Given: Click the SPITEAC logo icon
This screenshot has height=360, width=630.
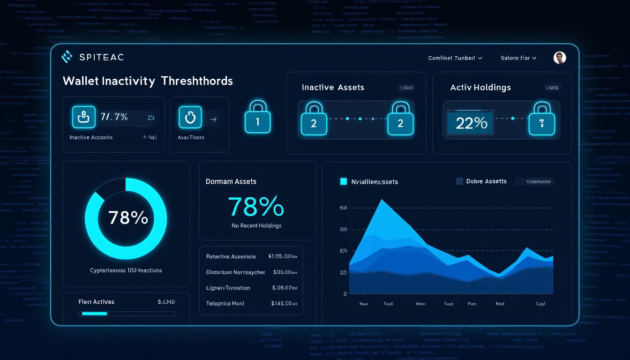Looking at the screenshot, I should (x=67, y=57).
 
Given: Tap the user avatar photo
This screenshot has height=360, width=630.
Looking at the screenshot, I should (x=560, y=58).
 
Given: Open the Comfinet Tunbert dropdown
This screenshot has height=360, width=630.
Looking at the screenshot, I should (x=455, y=58).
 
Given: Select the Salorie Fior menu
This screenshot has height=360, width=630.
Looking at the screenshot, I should (x=518, y=58).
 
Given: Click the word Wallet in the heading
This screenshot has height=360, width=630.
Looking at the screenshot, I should (x=80, y=81).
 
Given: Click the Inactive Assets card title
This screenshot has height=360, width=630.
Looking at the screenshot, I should (x=333, y=87).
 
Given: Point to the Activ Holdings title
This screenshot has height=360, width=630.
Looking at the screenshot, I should (x=480, y=87).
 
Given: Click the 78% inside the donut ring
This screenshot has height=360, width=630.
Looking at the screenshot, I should (x=128, y=217).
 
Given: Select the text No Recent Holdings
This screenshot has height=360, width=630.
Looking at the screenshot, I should (x=256, y=225).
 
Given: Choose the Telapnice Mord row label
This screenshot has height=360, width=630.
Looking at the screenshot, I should (x=225, y=303).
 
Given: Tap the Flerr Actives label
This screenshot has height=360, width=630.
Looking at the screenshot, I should (x=96, y=302).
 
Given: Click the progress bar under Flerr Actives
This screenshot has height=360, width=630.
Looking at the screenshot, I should (x=128, y=314).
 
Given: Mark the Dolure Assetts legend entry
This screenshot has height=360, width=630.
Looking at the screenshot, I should (x=486, y=181).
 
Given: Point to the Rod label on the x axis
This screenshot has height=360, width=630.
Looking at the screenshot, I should (x=500, y=304).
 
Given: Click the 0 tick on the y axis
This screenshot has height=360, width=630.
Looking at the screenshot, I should (x=345, y=294).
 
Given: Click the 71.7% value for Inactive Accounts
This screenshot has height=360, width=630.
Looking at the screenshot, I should (x=114, y=117).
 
